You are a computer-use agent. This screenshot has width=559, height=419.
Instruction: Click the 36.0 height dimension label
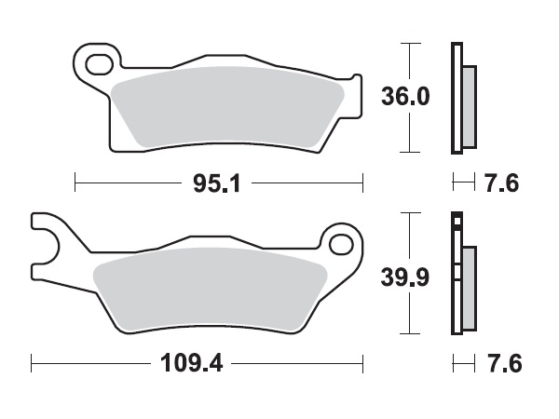click(x=405, y=97)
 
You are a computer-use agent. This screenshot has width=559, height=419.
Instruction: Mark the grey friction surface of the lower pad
click(x=210, y=289)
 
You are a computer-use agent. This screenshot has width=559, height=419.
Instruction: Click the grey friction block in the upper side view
click(x=468, y=106)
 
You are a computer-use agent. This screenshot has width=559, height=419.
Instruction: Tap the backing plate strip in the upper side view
click(x=456, y=98)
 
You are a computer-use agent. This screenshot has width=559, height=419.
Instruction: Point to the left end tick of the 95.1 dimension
click(x=75, y=182)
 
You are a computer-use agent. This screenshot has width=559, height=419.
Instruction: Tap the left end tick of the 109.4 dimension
click(x=31, y=361)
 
